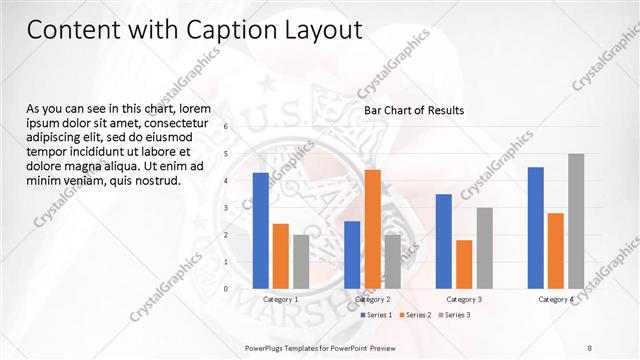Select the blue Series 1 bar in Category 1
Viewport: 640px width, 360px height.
click(x=261, y=230)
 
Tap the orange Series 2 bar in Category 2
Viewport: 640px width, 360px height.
click(x=372, y=229)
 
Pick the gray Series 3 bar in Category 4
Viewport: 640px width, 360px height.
click(x=576, y=221)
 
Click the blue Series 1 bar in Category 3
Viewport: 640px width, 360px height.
click(x=444, y=241)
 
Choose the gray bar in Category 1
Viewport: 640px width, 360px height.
click(x=301, y=261)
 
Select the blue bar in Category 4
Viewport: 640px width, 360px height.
click(x=536, y=227)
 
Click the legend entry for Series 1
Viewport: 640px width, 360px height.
click(x=376, y=315)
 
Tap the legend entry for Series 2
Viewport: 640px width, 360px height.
click(x=415, y=315)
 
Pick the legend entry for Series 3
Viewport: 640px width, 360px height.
click(x=454, y=315)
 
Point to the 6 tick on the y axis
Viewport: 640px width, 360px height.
click(x=226, y=127)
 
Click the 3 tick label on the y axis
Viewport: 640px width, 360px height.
click(x=226, y=208)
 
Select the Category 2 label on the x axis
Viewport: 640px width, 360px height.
click(x=372, y=299)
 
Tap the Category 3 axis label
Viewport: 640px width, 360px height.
click(x=464, y=299)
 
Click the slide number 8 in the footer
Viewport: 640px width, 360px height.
click(x=589, y=348)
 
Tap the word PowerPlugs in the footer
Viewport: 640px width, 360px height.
click(x=267, y=348)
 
